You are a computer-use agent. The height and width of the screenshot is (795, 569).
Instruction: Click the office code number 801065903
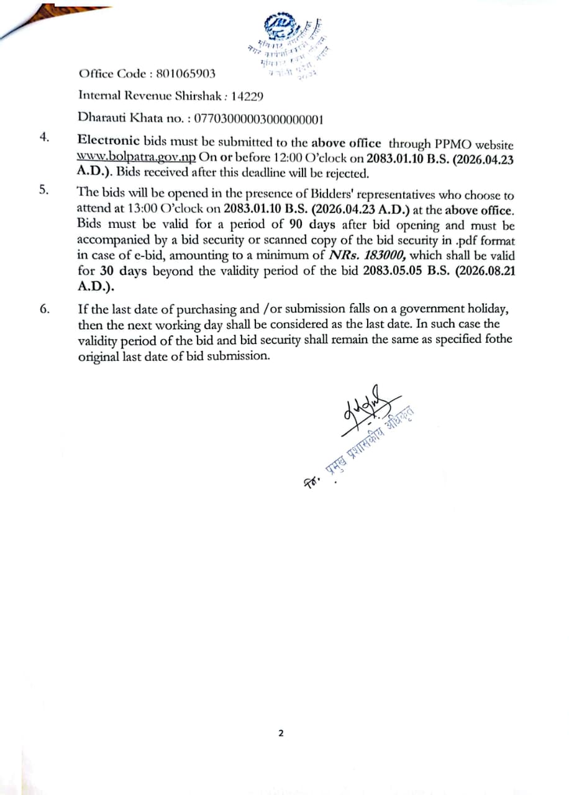point(186,74)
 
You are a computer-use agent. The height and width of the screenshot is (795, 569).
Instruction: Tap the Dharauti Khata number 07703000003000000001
point(258,118)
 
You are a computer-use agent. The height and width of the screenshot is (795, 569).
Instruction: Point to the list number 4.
point(43,137)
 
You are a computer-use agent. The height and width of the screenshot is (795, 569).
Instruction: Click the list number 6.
point(43,307)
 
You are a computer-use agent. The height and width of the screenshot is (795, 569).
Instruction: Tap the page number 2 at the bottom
point(280,733)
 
